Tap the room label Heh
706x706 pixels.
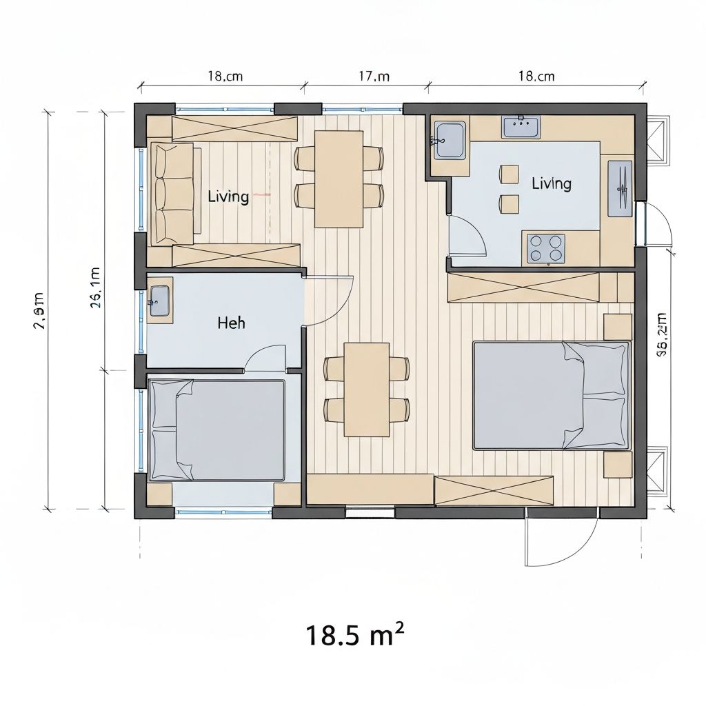231,323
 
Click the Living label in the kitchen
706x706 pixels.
551,183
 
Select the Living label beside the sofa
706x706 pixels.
228,196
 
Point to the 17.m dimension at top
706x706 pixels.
374,77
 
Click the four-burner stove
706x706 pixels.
545,248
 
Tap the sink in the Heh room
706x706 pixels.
159,301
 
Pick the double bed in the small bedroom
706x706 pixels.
217,430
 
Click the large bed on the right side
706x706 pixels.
552,395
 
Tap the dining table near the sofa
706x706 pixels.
339,179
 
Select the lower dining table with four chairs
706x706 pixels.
367,390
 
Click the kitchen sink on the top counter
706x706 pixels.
521,127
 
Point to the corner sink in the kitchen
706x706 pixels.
449,140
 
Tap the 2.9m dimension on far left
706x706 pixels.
39,311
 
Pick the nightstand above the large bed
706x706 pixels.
617,327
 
